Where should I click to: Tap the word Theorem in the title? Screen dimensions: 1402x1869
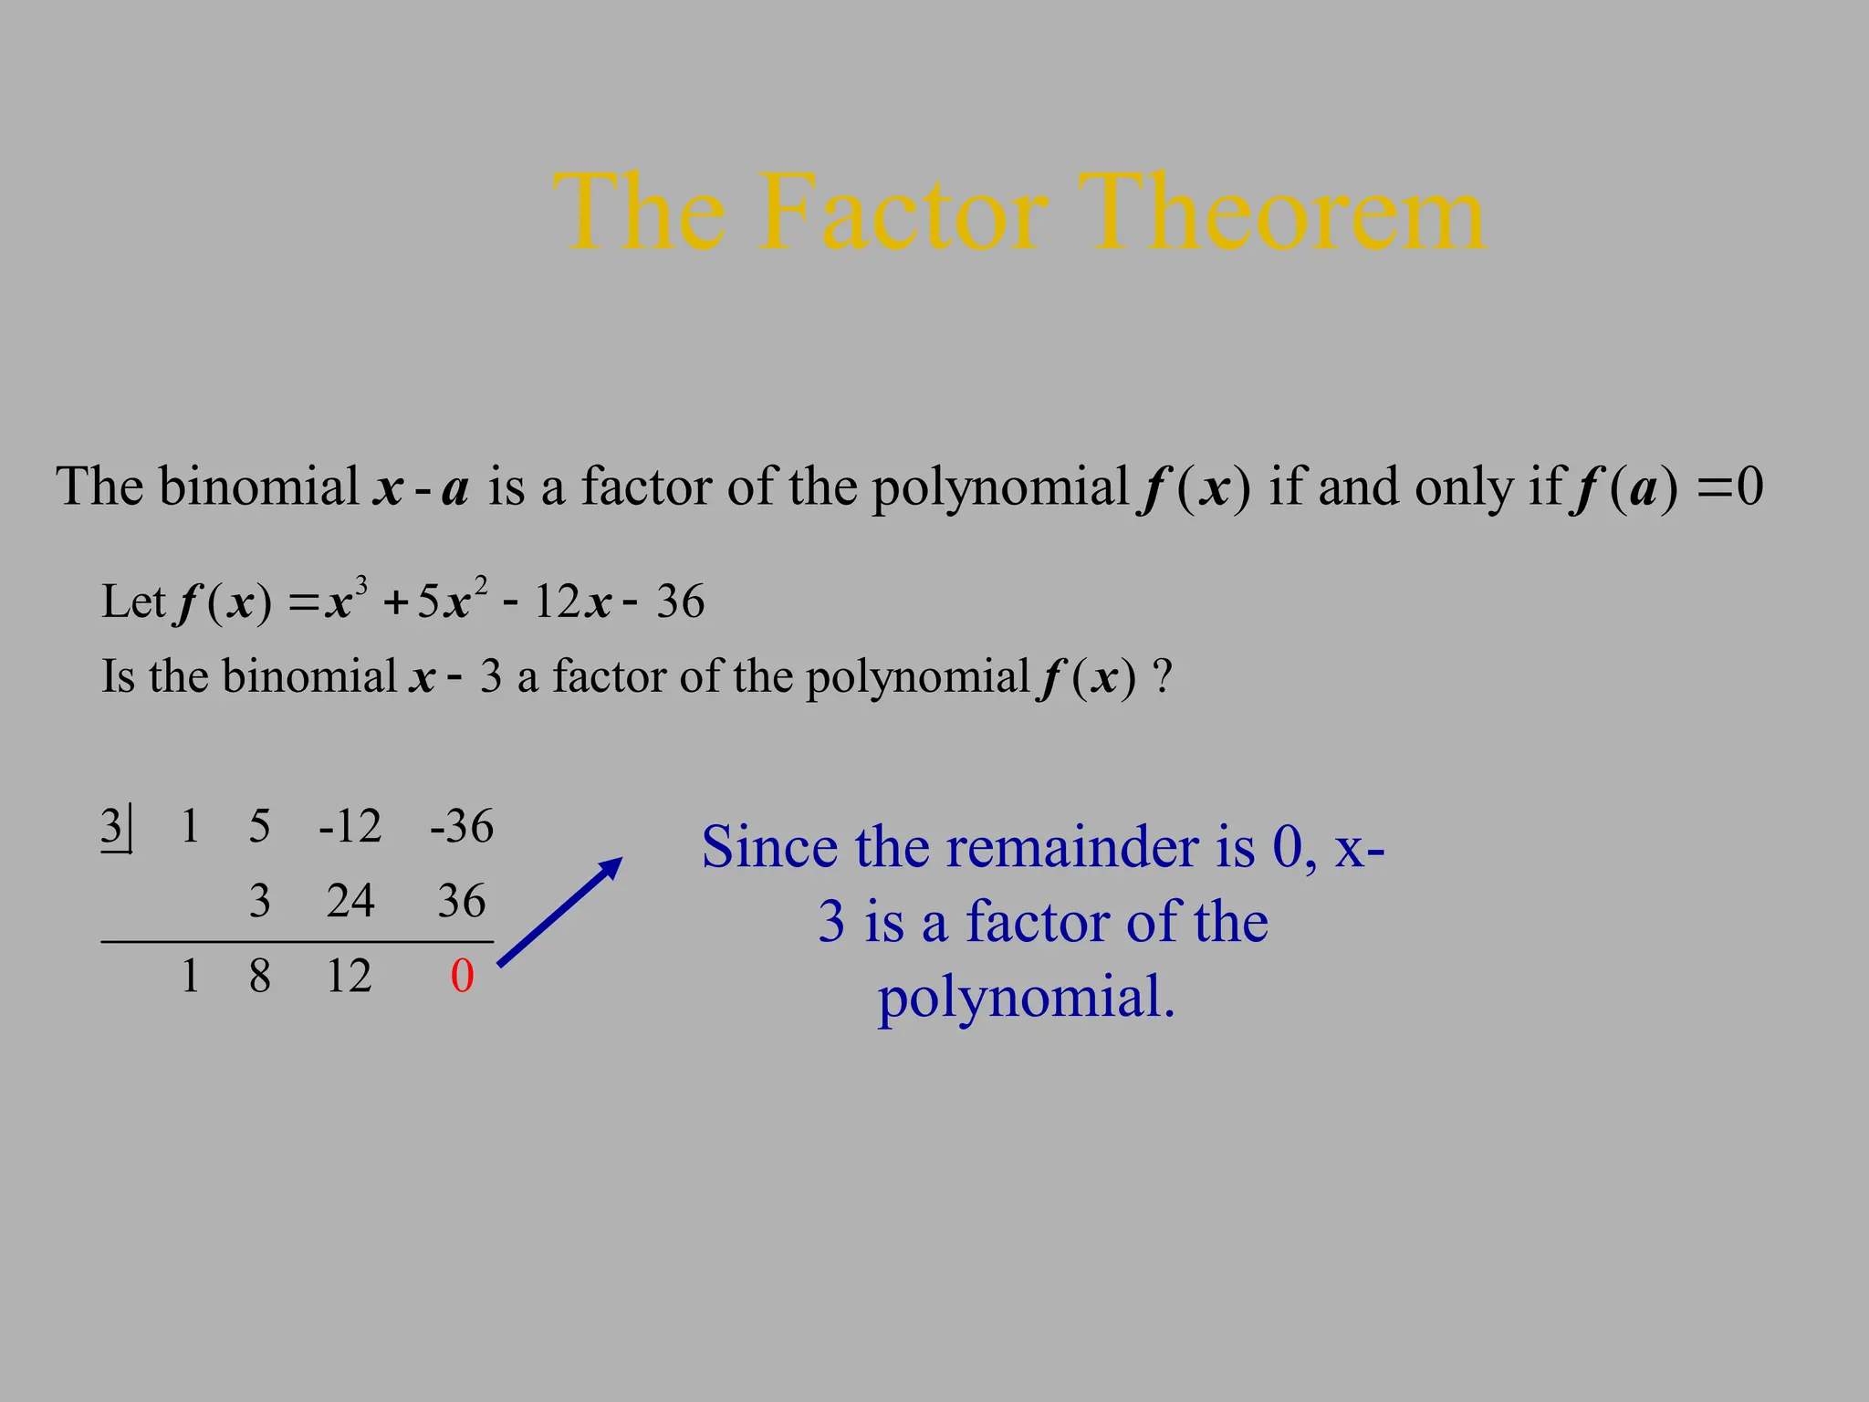(x=1281, y=214)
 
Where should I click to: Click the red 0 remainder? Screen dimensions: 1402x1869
(x=463, y=976)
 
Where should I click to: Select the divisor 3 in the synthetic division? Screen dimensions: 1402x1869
(x=111, y=826)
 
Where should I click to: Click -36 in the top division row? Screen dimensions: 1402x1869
(x=462, y=826)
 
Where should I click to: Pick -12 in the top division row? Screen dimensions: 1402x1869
(x=350, y=826)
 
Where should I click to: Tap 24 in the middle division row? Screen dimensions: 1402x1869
(x=350, y=901)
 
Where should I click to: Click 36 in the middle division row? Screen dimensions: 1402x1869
(x=462, y=901)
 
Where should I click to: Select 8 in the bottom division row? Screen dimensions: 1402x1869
(x=260, y=976)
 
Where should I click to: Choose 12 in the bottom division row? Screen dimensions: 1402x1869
(x=349, y=976)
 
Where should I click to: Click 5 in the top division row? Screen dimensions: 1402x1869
(x=260, y=826)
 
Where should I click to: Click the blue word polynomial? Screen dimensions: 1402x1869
(x=1026, y=997)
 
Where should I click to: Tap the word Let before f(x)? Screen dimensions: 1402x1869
(x=133, y=602)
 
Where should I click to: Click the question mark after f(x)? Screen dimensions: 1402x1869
(x=1162, y=677)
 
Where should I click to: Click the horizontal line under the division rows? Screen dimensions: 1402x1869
(x=297, y=941)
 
